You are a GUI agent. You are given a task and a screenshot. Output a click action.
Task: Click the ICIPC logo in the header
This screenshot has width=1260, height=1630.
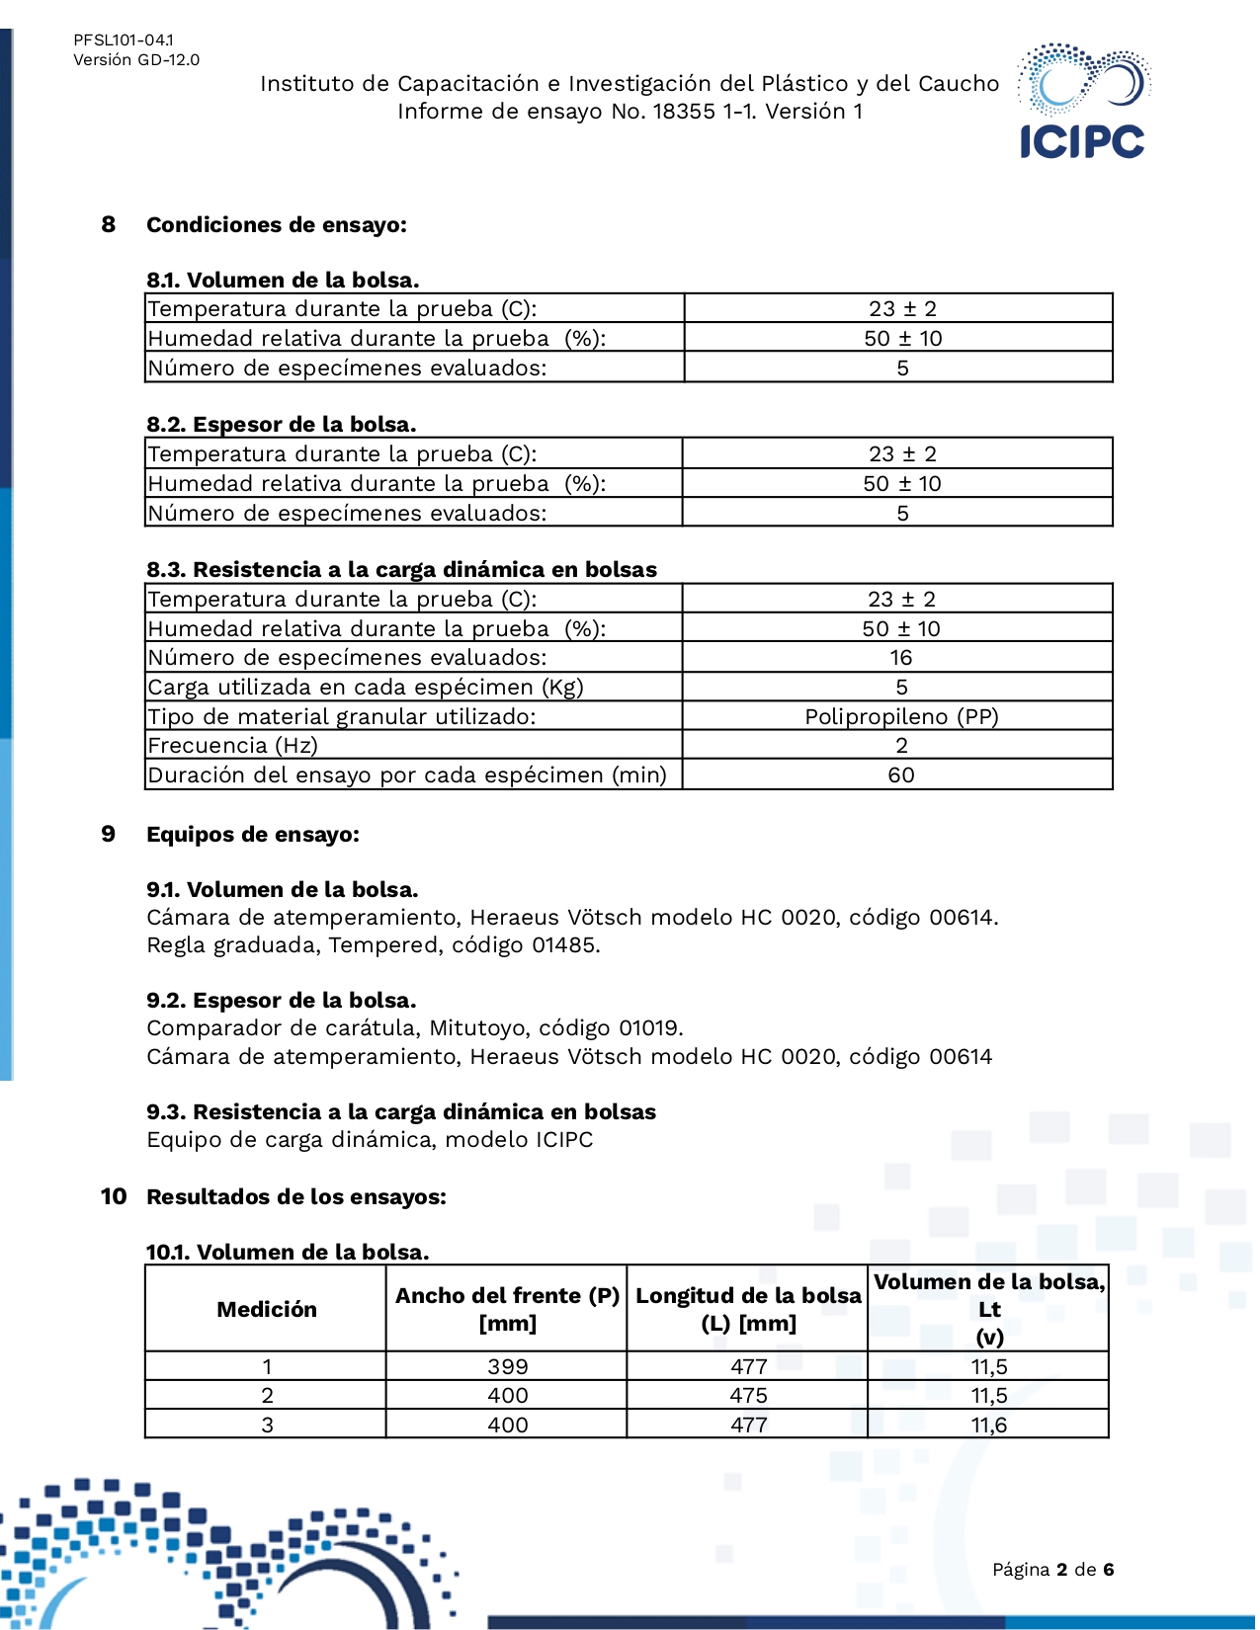[x=1082, y=102]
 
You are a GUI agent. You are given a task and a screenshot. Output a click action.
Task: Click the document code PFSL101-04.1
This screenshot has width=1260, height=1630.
[x=124, y=41]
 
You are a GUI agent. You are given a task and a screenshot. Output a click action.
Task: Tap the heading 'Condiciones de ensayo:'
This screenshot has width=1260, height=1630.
[x=277, y=225]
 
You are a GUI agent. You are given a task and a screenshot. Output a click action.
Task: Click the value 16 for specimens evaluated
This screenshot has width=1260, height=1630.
[x=900, y=658]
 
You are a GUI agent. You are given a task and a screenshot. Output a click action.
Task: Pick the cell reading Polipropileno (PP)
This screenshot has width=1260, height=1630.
[x=901, y=716]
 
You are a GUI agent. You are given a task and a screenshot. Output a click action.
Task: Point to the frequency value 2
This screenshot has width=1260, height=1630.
[x=901, y=746]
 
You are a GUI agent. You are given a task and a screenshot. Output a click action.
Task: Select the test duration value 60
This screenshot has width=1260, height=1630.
[x=901, y=775]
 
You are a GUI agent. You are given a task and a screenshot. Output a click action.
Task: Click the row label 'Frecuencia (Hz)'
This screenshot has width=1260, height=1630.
[x=233, y=746]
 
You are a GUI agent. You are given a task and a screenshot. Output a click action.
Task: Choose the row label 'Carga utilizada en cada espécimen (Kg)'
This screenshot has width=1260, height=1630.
[x=366, y=688]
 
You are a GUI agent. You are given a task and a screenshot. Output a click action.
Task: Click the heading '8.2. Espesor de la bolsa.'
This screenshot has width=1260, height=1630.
[x=282, y=425]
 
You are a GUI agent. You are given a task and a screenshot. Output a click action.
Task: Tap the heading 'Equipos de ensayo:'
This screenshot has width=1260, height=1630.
[x=253, y=835]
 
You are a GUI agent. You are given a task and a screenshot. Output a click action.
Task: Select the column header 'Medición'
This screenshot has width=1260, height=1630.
[x=267, y=1310]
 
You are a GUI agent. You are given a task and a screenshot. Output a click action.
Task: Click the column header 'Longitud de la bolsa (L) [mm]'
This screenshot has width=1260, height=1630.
[x=748, y=1310]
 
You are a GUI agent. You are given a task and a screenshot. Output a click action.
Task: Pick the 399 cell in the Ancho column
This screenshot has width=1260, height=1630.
[x=508, y=1367]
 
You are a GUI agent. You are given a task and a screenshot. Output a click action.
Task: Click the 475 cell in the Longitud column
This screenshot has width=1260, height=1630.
[x=748, y=1396]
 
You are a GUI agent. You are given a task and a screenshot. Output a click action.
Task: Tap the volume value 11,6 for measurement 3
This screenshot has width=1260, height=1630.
[x=989, y=1426]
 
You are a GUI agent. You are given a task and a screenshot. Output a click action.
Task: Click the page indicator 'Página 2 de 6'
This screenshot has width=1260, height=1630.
[x=1053, y=1570]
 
